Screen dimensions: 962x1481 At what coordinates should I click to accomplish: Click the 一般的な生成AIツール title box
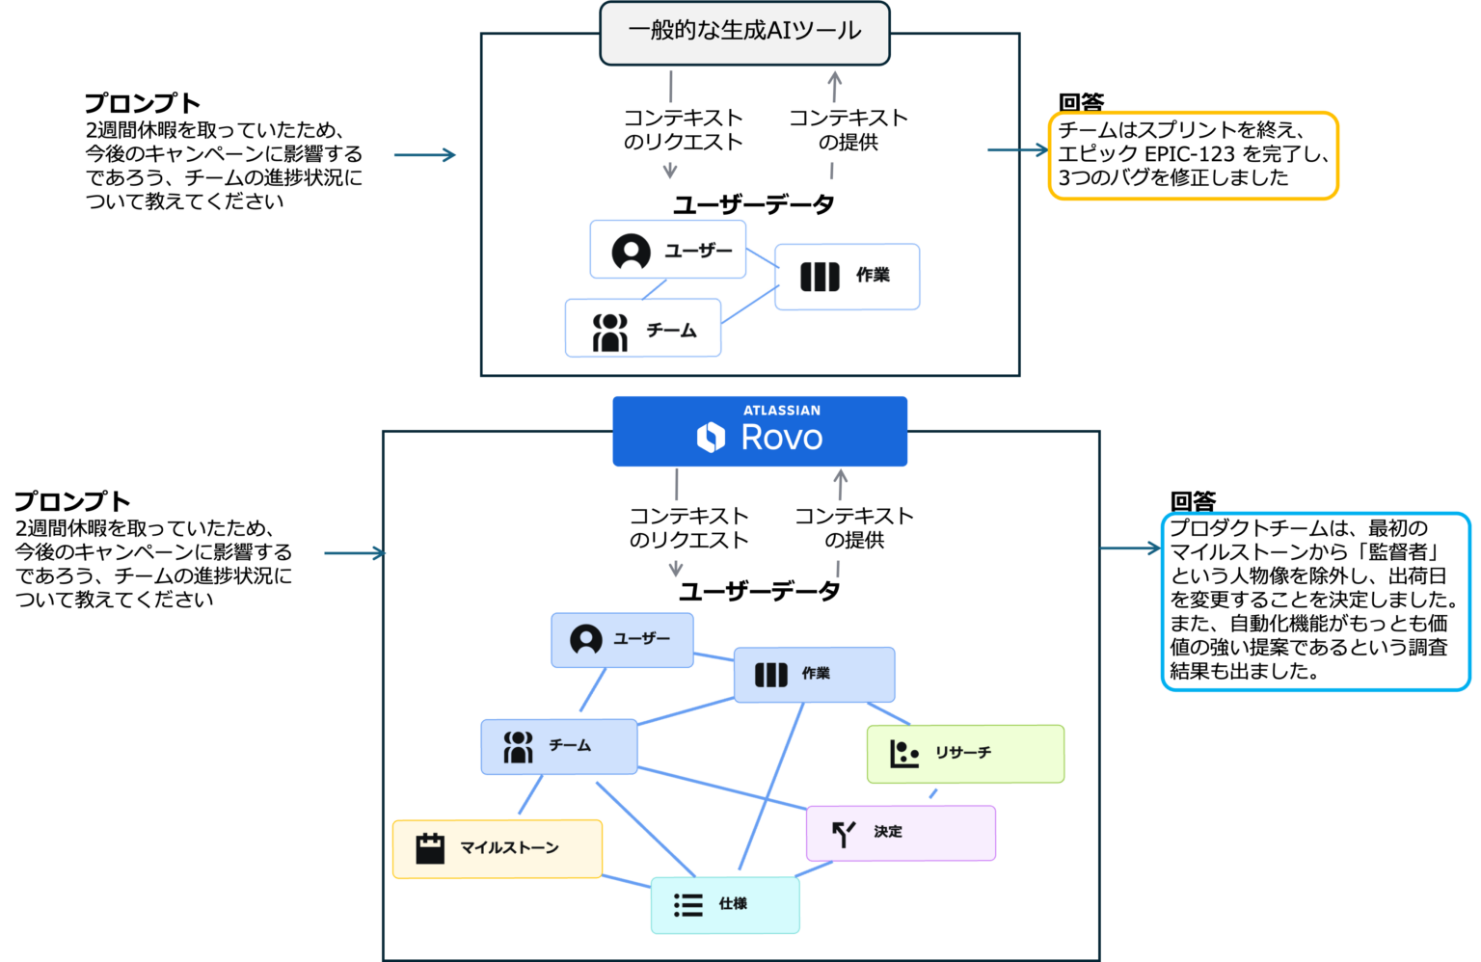[x=744, y=33]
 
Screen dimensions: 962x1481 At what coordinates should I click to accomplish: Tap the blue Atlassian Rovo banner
[x=760, y=431]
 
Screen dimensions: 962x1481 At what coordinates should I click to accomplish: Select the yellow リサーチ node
[x=965, y=754]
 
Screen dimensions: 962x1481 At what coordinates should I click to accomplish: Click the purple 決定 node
[x=901, y=833]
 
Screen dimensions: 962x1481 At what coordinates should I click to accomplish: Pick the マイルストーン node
[x=498, y=848]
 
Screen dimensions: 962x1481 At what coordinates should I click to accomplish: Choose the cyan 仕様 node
[x=725, y=904]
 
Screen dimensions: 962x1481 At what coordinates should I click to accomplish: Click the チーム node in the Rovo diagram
[x=559, y=746]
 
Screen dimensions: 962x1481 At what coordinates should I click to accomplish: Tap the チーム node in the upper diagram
[x=643, y=329]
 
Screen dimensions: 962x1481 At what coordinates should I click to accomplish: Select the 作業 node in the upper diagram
[x=847, y=277]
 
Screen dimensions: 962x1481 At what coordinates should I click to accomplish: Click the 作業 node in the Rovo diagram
[x=815, y=674]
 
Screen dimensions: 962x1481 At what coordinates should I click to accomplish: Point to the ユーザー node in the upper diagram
[x=668, y=250]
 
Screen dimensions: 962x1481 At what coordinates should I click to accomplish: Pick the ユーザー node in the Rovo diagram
[x=622, y=639]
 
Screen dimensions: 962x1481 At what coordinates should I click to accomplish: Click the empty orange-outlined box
[x=1193, y=156]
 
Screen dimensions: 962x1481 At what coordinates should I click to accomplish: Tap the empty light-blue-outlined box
[x=1315, y=601]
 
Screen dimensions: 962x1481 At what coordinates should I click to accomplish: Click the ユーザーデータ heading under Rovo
[x=759, y=591]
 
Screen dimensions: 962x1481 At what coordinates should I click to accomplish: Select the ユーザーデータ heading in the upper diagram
[x=753, y=204]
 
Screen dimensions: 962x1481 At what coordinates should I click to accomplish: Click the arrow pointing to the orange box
[x=1017, y=149]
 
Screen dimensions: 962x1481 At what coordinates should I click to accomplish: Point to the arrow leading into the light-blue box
[x=1130, y=548]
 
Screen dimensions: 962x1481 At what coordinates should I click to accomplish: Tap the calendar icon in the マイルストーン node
[x=430, y=848]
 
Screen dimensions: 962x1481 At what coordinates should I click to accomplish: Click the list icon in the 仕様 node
[x=687, y=904]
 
